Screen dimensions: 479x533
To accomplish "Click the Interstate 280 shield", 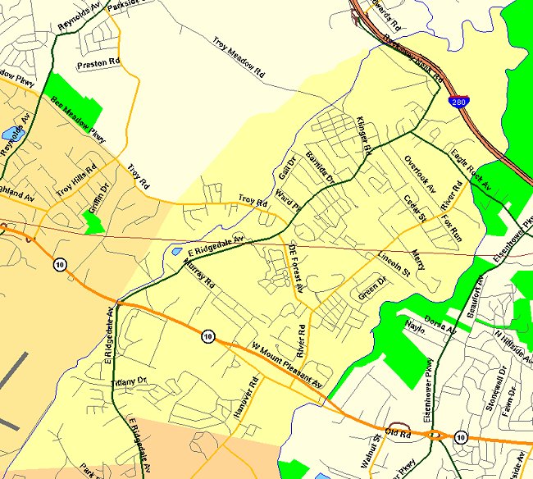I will point(456,100).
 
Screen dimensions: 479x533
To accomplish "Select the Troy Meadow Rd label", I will point(239,57).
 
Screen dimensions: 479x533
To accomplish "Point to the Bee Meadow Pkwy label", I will point(79,120).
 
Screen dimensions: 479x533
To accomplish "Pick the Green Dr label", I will point(373,288).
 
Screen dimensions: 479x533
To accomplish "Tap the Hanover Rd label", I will point(245,399).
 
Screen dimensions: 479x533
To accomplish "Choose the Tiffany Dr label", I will point(130,382).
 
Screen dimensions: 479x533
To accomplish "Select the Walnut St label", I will point(367,449).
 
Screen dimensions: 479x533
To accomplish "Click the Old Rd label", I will point(398,432).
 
